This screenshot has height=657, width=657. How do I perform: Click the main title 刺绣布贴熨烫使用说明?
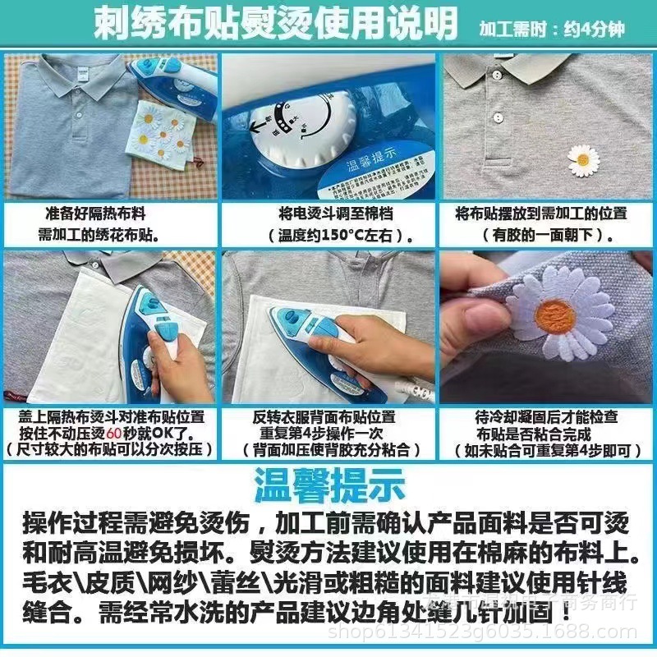click(275, 25)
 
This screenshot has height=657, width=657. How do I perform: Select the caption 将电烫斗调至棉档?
click(328, 214)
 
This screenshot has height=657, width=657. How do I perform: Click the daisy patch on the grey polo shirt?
click(584, 159)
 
